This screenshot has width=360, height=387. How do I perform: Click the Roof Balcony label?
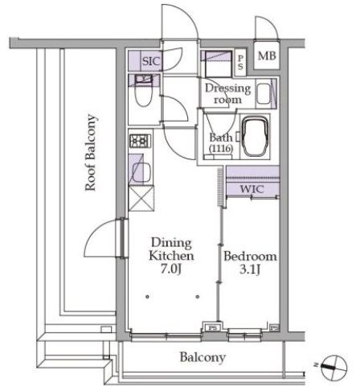click(x=91, y=153)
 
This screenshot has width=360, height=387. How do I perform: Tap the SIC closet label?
click(x=151, y=61)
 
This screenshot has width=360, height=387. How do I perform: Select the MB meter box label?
click(x=267, y=56)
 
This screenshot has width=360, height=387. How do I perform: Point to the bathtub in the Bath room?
click(x=255, y=137)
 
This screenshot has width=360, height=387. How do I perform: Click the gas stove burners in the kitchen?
click(x=141, y=141)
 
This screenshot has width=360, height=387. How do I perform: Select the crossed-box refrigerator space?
click(x=141, y=199)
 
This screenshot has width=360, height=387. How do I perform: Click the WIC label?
click(x=252, y=189)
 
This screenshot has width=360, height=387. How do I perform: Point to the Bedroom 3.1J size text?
click(x=250, y=270)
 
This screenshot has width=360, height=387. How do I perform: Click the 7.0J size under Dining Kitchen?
click(x=171, y=269)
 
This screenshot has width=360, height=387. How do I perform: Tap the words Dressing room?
click(x=227, y=94)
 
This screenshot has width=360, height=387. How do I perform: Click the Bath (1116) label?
click(x=221, y=142)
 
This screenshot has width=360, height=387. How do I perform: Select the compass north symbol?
click(x=334, y=367)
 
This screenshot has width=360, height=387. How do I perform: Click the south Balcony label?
click(x=202, y=357)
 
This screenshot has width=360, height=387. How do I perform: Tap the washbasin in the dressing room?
click(x=264, y=94)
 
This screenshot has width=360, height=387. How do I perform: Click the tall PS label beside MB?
click(x=240, y=62)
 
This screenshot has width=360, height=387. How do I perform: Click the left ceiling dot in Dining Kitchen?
click(x=148, y=297)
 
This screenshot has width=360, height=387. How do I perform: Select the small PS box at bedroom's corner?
click(x=274, y=327)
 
